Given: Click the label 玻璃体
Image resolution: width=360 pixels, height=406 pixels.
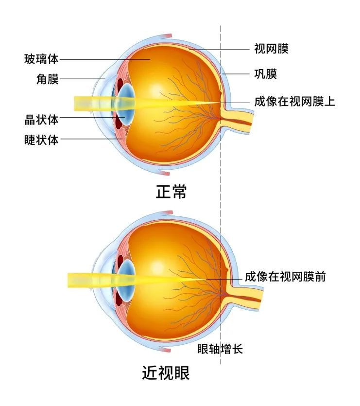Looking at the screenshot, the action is pyautogui.click(x=41, y=59).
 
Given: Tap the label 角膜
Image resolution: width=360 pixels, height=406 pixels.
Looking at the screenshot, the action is pyautogui.click(x=48, y=79).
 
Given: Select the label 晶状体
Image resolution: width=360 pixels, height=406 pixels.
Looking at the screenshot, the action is pyautogui.click(x=41, y=120).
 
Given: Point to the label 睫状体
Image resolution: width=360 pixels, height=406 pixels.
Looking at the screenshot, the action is pyautogui.click(x=41, y=140).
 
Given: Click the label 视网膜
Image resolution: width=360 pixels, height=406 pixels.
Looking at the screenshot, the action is pyautogui.click(x=271, y=49).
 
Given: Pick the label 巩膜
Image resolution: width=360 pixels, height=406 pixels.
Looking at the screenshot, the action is pyautogui.click(x=266, y=74).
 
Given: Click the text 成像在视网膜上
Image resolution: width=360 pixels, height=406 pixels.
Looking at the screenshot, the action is pyautogui.click(x=294, y=101).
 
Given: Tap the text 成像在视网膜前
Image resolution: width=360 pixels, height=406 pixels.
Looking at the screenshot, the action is pyautogui.click(x=286, y=277).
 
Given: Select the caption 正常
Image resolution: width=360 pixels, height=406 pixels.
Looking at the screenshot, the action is pyautogui.click(x=171, y=192).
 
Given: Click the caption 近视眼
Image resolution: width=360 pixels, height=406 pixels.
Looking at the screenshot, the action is pyautogui.click(x=166, y=373).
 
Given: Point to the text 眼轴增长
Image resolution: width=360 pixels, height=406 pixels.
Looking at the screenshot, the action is pyautogui.click(x=220, y=349).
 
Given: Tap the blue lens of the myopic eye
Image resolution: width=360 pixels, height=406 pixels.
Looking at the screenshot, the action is pyautogui.click(x=127, y=281).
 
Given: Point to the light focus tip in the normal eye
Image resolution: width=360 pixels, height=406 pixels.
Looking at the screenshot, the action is pyautogui.click(x=220, y=103).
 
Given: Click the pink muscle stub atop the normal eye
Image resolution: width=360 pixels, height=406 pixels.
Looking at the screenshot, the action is pyautogui.click(x=166, y=36).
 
